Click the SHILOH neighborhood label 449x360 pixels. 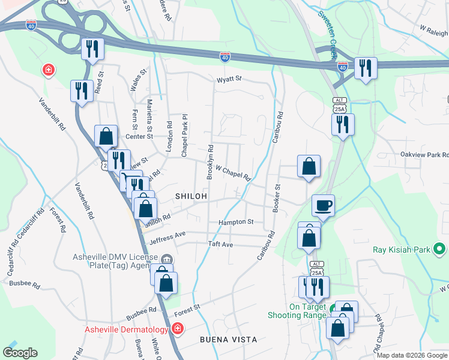[x=191, y=196]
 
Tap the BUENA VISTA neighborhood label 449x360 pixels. [x=228, y=340]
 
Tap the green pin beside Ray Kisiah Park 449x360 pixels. [x=439, y=248]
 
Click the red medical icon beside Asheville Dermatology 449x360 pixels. [x=177, y=329]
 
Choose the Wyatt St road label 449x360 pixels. [x=229, y=79]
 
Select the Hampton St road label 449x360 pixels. [x=237, y=222]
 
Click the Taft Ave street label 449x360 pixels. [x=220, y=245]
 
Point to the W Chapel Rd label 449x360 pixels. [x=233, y=172]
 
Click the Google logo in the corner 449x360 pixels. [x=20, y=353]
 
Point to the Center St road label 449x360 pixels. [x=136, y=137]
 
